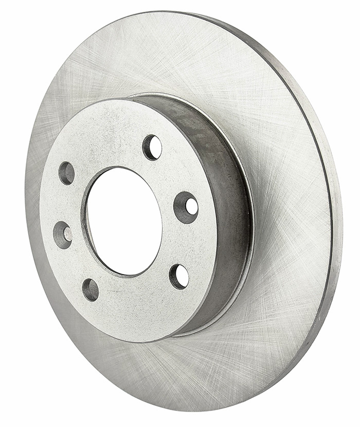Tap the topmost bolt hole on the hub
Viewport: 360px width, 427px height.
click(152, 147)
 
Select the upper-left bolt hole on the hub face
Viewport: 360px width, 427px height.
click(67, 173)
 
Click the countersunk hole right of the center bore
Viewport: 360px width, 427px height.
click(186, 207)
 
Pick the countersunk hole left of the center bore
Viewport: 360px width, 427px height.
click(63, 235)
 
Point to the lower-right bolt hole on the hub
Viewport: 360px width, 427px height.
click(179, 276)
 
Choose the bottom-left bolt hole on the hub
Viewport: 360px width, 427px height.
click(91, 290)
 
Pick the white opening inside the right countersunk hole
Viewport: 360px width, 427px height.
click(191, 207)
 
